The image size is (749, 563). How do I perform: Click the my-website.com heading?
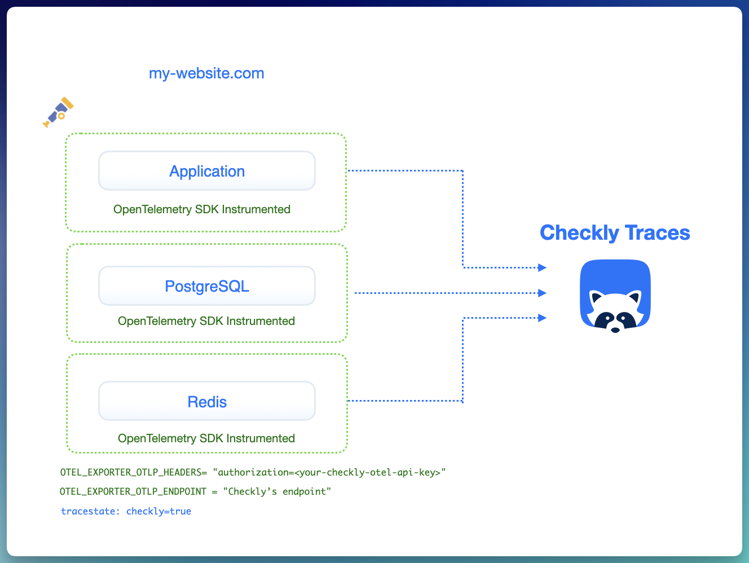[206, 73]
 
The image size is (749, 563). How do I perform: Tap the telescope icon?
[59, 112]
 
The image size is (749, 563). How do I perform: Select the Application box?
[207, 171]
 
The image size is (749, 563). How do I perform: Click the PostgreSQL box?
[207, 286]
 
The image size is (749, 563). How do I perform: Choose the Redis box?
[207, 401]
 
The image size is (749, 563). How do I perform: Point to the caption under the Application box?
[202, 209]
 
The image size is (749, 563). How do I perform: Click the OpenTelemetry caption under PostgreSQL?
[206, 321]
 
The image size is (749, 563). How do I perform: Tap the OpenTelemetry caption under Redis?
[206, 438]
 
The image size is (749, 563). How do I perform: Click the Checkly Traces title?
[615, 233]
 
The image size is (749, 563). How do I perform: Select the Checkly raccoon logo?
[615, 294]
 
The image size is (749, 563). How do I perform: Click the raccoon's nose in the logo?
[615, 329]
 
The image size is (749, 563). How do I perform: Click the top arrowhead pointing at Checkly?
[542, 267]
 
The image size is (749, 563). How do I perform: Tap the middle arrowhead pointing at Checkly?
[542, 293]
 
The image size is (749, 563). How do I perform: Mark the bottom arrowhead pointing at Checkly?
[542, 318]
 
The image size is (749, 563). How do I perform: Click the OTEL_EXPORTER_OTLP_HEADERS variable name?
[131, 472]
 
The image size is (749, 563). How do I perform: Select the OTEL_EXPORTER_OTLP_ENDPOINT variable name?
[133, 491]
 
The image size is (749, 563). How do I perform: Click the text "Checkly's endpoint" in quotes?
[277, 491]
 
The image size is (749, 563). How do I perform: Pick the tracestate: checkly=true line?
[126, 511]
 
